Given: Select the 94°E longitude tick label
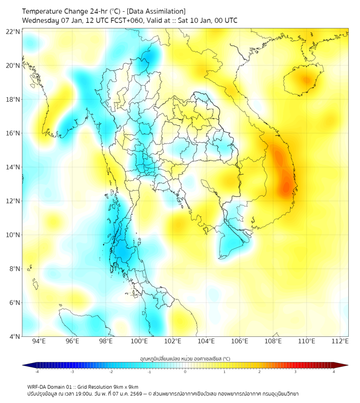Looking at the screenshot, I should (x=39, y=342).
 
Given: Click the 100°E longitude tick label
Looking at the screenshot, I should (x=139, y=342).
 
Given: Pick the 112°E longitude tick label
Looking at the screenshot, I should (x=340, y=342).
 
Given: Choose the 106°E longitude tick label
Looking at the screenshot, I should (x=240, y=342).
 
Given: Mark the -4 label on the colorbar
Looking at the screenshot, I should (x=36, y=372).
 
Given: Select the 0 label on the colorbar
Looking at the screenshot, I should (x=185, y=372).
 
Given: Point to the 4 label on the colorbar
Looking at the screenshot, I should (x=334, y=372).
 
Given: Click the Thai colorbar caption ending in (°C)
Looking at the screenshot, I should (x=185, y=358).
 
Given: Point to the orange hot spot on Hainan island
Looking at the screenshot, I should (x=306, y=80).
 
